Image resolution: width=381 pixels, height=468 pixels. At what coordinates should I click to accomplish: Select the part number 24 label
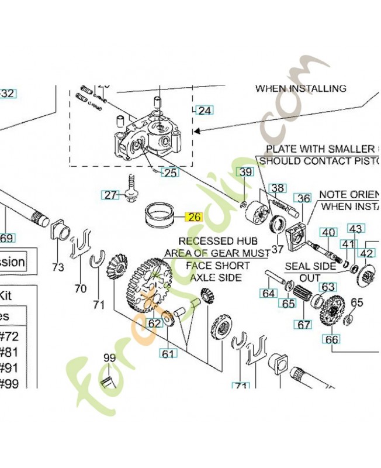point(205,110)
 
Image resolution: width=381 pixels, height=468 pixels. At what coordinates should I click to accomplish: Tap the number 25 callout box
point(169,173)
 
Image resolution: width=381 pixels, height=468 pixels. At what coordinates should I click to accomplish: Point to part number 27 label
point(110,195)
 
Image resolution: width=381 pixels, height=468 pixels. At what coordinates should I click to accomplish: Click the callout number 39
point(245,172)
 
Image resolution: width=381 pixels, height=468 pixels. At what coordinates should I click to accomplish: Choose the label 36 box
point(303,198)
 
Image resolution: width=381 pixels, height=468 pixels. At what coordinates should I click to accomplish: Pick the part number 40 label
point(329,232)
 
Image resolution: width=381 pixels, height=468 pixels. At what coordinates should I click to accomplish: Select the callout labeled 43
point(356,229)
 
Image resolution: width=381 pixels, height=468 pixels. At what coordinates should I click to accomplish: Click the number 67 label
point(304,323)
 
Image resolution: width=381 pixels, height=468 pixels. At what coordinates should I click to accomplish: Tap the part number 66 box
point(332,339)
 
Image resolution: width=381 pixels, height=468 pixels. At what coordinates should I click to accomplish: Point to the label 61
point(168,353)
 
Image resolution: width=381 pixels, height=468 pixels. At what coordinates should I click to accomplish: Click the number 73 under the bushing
point(58,267)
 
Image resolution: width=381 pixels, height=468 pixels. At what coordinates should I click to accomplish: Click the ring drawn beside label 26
point(158,214)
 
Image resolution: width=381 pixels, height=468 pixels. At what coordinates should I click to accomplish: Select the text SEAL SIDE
point(310,266)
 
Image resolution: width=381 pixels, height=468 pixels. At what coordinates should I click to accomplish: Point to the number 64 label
point(269,292)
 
